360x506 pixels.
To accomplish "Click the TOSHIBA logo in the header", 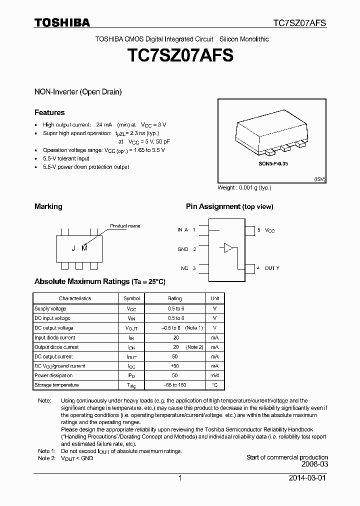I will (x=62, y=22).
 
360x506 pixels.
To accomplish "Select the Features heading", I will (x=49, y=112).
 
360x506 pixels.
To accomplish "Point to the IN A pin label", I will (x=182, y=230).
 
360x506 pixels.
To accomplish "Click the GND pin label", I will (x=183, y=249).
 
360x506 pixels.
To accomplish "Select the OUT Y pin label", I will (x=271, y=268).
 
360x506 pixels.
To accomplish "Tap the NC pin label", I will (x=184, y=268).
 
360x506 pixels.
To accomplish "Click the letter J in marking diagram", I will (x=72, y=248).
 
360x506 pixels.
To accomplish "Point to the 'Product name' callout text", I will (x=125, y=226).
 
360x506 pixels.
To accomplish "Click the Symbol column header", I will (x=132, y=298).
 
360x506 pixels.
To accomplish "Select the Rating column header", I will (x=175, y=298).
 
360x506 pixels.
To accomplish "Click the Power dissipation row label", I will (x=53, y=375).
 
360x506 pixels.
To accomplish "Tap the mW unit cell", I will (x=214, y=375).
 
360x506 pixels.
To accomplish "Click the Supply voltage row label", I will (x=50, y=308).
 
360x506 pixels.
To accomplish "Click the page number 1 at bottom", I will (x=180, y=478).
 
